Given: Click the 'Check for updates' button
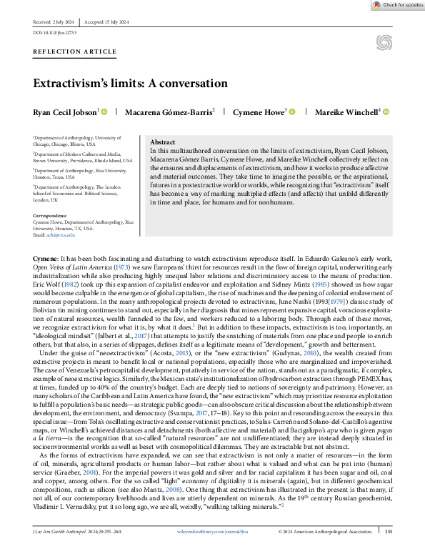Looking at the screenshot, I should point(397,4).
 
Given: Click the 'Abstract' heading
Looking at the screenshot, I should point(164,143).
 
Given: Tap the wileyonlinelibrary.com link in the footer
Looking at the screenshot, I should point(212,550).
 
